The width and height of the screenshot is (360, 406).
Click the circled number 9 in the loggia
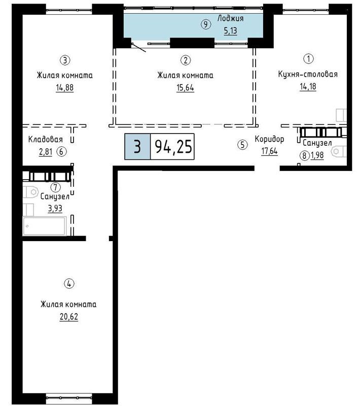point(206,24)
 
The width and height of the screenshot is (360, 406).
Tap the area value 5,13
point(230,31)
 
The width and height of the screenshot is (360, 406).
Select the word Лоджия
point(230,19)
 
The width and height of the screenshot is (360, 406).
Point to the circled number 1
point(308,58)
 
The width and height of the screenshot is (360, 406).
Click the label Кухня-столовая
point(308,74)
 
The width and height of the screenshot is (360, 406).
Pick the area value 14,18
point(308,86)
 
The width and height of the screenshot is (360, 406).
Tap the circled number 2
point(186,60)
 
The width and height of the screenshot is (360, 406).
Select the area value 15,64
point(185,88)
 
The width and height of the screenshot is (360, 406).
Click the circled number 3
point(65,60)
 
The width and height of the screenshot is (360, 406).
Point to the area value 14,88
point(65,88)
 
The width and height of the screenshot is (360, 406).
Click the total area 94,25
point(173,147)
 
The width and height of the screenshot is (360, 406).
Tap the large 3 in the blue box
point(137,147)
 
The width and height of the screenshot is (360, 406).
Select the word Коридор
point(269,139)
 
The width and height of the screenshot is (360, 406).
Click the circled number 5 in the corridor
point(242,145)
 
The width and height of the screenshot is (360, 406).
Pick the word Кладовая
point(46,140)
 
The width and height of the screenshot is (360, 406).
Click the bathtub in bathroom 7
point(44,226)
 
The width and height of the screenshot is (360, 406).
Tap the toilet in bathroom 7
point(31,192)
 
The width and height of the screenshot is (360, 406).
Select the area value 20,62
point(69,317)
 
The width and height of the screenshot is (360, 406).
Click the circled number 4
point(69,284)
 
